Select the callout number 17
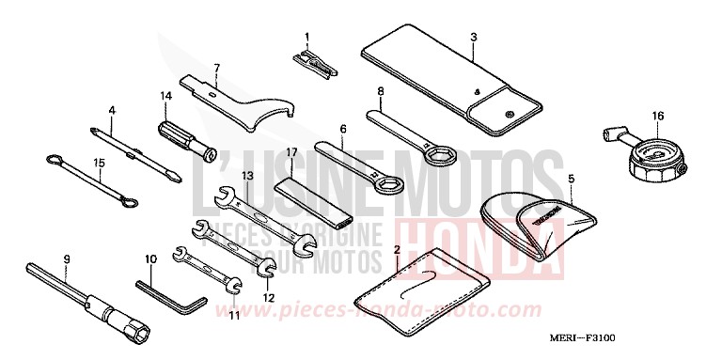click(292, 151)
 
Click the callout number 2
click(397, 250)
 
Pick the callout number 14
click(165, 96)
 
